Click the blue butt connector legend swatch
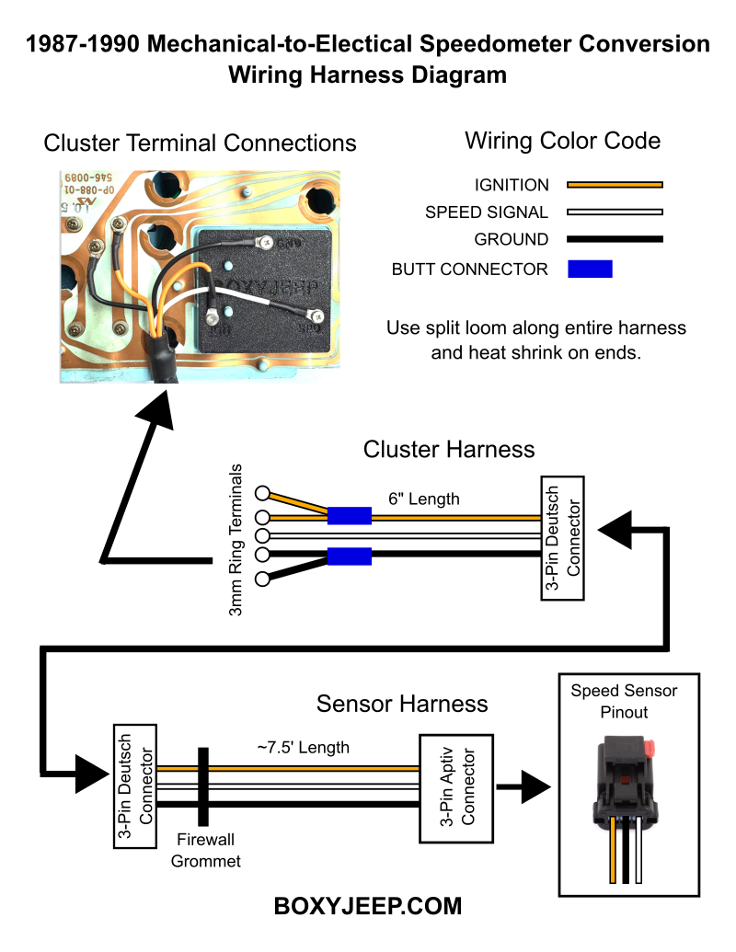click(x=590, y=270)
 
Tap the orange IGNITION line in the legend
click(x=615, y=185)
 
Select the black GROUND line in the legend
click(x=615, y=240)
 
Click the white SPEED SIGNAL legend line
click(x=615, y=212)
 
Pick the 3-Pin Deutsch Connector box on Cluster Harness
click(x=561, y=538)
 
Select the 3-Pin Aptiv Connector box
click(x=456, y=787)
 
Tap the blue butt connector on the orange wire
click(x=349, y=516)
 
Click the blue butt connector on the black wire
click(x=349, y=556)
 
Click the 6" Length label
click(x=423, y=499)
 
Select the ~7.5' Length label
click(x=303, y=747)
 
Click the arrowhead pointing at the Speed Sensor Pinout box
click(x=535, y=787)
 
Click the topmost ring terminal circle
click(x=262, y=491)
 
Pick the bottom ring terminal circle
click(x=262, y=579)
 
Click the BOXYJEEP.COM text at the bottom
click(x=368, y=906)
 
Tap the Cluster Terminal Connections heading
click(x=200, y=143)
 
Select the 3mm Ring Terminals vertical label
click(x=236, y=539)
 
